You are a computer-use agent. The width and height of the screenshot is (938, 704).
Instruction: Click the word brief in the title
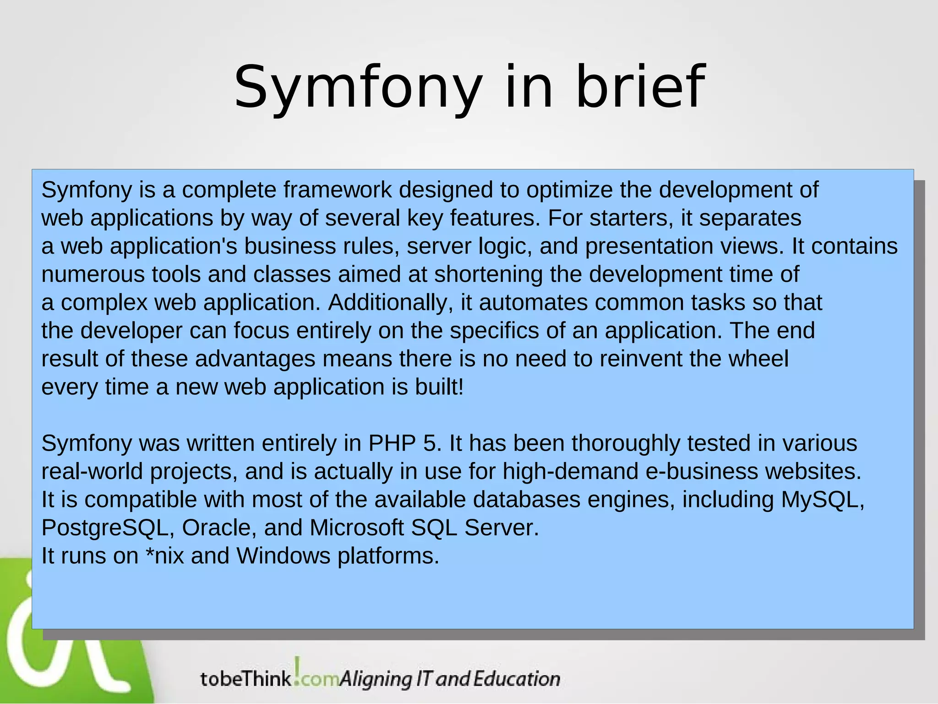pyautogui.click(x=640, y=87)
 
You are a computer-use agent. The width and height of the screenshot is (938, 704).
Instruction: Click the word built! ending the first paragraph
pyautogui.click(x=439, y=387)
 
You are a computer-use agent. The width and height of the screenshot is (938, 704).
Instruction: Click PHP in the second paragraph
pyautogui.click(x=392, y=444)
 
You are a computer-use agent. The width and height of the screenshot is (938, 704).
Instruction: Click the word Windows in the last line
pyautogui.click(x=284, y=556)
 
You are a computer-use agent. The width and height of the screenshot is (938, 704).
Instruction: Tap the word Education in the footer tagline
pyautogui.click(x=517, y=679)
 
